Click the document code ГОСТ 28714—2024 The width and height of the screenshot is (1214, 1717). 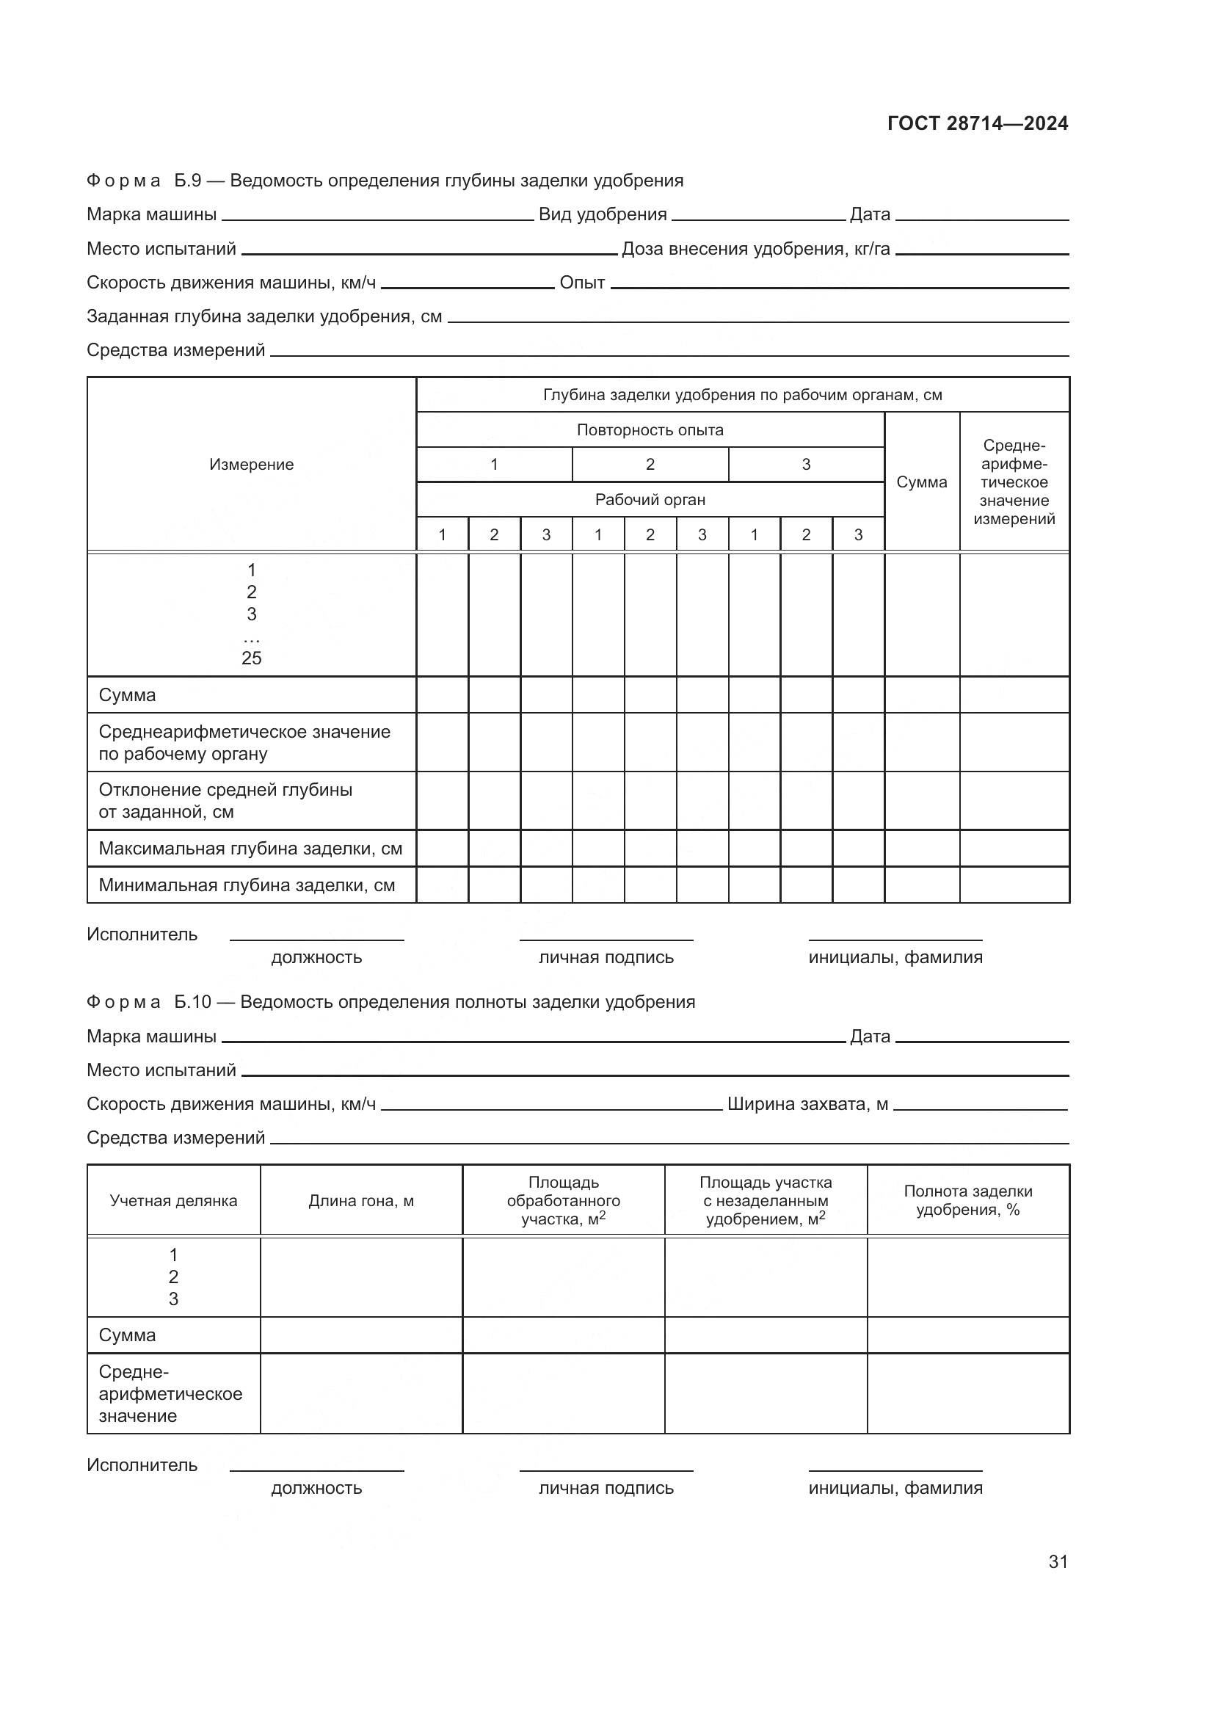(977, 123)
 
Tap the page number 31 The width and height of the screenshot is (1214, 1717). (1058, 1561)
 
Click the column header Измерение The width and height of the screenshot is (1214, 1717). (251, 465)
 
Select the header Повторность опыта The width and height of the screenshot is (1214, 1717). (650, 430)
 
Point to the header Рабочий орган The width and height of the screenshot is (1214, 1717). (650, 500)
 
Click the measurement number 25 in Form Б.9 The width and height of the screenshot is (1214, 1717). (251, 658)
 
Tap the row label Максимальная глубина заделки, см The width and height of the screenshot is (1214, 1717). (250, 849)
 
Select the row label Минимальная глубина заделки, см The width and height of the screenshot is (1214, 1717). (247, 885)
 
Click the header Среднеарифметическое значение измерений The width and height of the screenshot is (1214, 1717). (1014, 482)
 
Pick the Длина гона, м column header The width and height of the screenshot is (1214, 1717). (361, 1201)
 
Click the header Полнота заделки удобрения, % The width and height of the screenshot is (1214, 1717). (967, 1200)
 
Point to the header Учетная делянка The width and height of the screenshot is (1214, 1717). (173, 1201)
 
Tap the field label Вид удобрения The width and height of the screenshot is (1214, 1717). (603, 214)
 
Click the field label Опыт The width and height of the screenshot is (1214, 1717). (581, 283)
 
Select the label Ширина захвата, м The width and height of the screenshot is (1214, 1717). (807, 1104)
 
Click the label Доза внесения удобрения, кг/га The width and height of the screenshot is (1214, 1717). (755, 249)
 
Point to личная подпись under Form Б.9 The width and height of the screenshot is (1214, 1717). (606, 957)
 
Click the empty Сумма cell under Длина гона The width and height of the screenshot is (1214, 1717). (361, 1335)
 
